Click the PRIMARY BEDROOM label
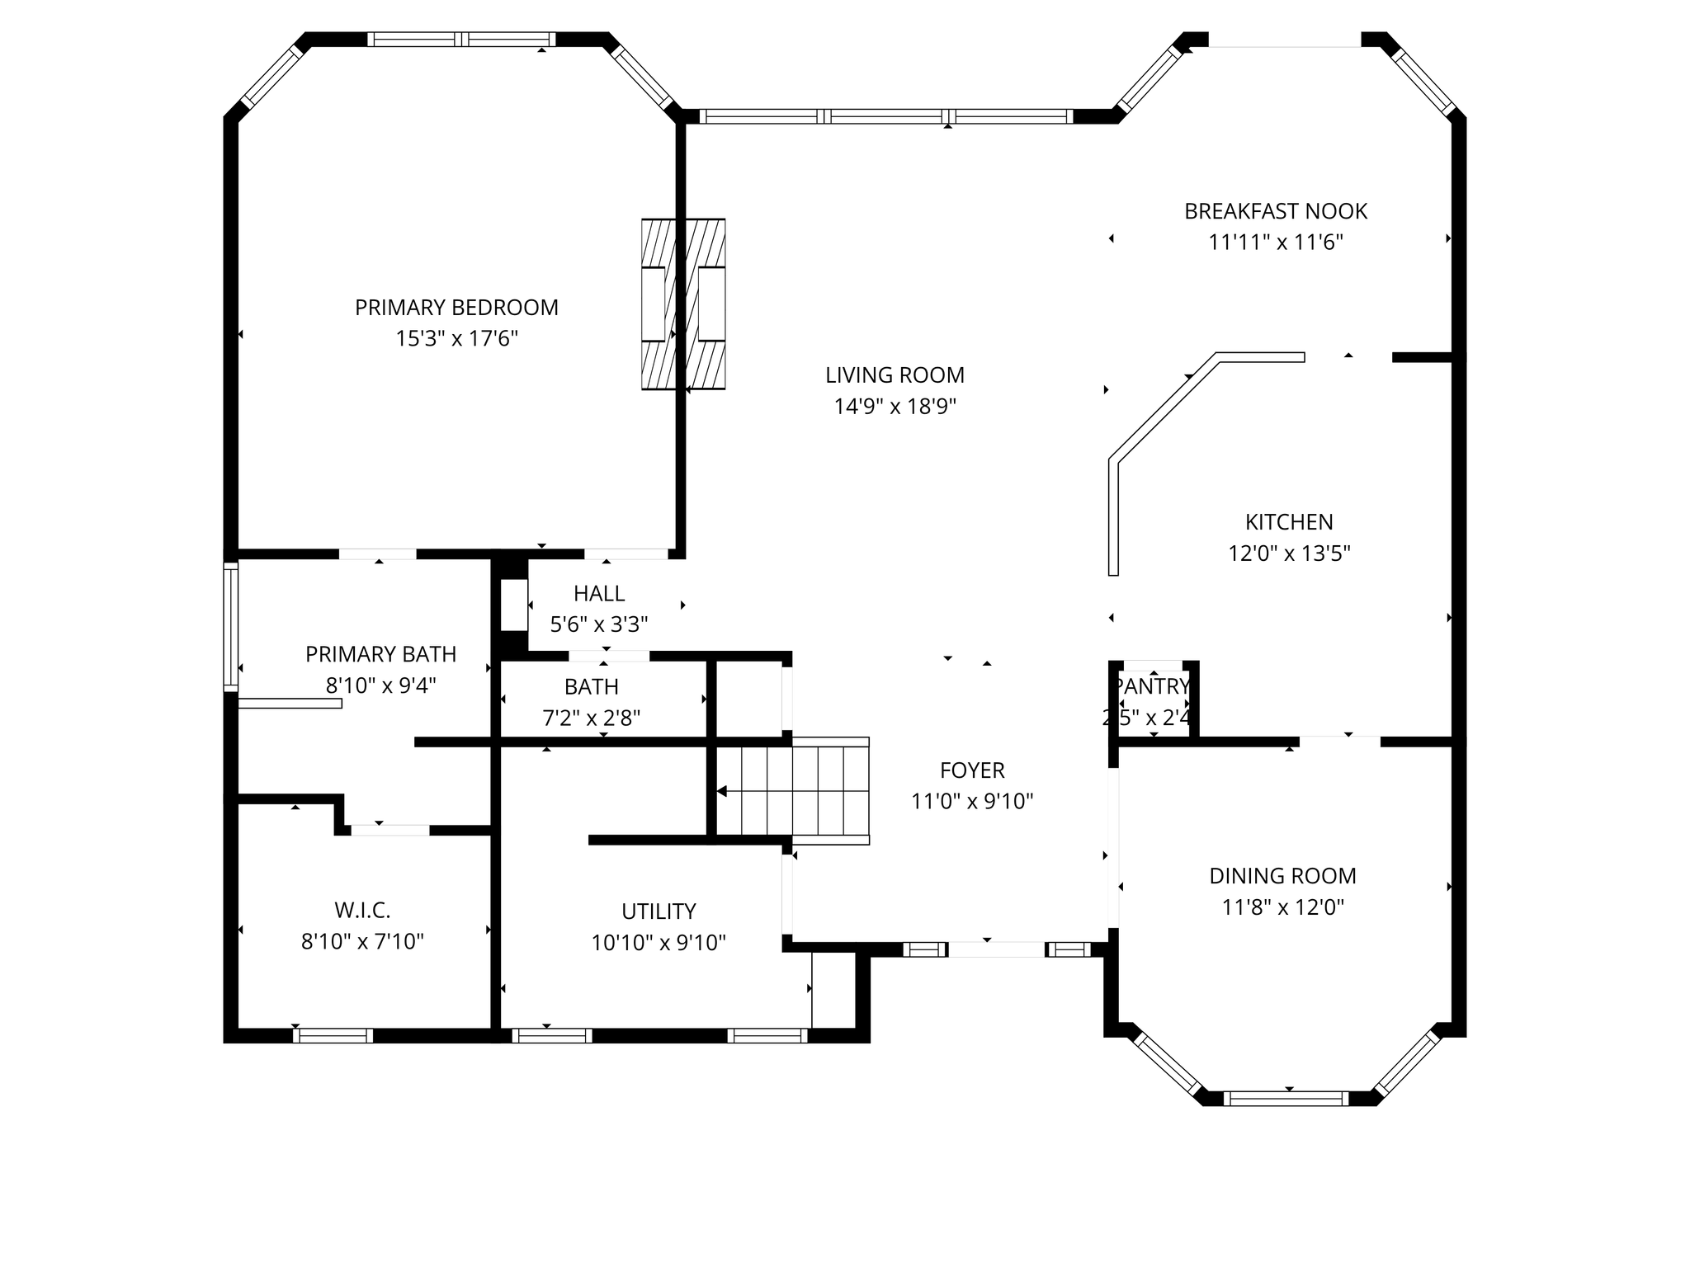coord(456,308)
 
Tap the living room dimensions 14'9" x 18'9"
coord(895,407)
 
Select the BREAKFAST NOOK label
coord(1276,212)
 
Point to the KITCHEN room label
coord(1289,522)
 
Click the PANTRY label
coord(1152,686)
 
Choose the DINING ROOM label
coord(1282,876)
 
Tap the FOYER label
coord(972,770)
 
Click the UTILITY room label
coord(659,911)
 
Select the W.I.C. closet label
coord(362,911)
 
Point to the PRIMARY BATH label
coord(380,655)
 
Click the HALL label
coord(599,594)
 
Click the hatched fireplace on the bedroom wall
coord(683,304)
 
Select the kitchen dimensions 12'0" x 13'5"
coord(1289,553)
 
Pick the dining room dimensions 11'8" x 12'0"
coord(1282,907)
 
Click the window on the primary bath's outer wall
coord(231,626)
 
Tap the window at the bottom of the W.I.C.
coord(333,1036)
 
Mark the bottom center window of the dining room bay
coord(1286,1098)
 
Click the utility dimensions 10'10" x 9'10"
coord(659,943)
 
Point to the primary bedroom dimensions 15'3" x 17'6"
coord(456,339)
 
